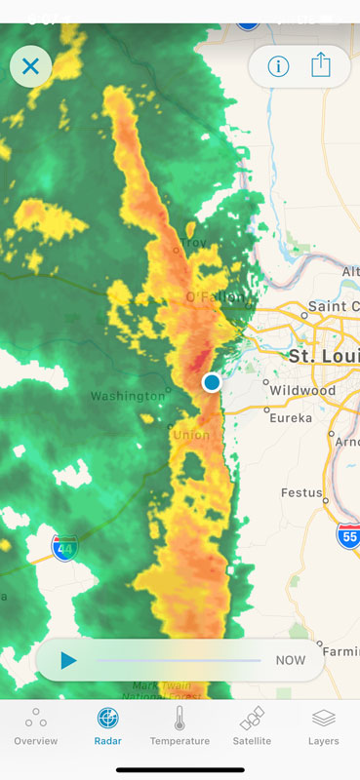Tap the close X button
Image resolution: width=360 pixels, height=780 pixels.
pos(30,66)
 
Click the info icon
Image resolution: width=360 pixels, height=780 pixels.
pos(278,66)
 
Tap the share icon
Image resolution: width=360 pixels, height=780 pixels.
pos(321,65)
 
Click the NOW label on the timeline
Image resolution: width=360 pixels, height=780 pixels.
pos(290,660)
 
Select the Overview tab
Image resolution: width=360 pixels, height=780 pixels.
pos(36,727)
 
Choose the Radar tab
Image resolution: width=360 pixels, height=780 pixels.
pos(108,727)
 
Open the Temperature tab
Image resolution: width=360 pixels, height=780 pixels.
pos(180,727)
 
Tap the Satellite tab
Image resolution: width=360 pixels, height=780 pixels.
pos(252,727)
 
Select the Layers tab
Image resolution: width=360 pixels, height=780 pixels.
pos(324,727)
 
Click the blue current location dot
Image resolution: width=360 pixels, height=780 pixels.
pos(212,383)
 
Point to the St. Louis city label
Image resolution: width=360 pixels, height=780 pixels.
pos(323,356)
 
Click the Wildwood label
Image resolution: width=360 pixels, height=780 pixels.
pos(302,390)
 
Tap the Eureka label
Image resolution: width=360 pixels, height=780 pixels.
pos(291,417)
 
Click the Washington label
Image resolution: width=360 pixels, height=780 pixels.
pos(128,396)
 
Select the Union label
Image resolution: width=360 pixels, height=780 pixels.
pos(190,434)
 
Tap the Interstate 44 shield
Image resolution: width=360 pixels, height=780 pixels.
pos(65,548)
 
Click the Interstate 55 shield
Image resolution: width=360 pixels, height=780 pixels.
pos(348,533)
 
